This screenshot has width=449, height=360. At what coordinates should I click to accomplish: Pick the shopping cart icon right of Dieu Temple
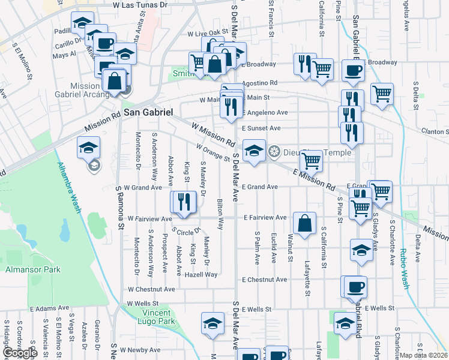[x=311, y=161]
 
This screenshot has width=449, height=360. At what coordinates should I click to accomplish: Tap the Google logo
[x=19, y=353]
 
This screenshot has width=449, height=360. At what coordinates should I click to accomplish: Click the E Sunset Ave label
[x=261, y=128]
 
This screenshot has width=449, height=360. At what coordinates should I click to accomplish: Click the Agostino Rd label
[x=259, y=83]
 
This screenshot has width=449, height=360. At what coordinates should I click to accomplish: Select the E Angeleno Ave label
[x=265, y=112]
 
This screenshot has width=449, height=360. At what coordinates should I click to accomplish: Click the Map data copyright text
[x=424, y=355]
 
